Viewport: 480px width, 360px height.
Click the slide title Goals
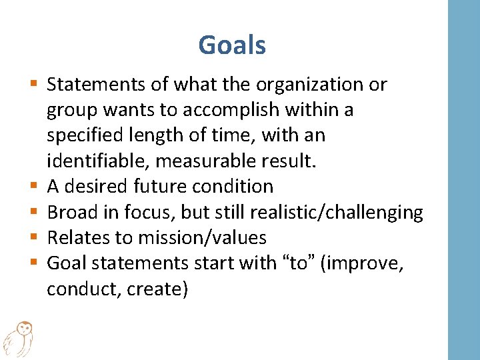(x=232, y=45)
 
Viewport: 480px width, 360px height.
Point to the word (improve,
(x=363, y=263)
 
